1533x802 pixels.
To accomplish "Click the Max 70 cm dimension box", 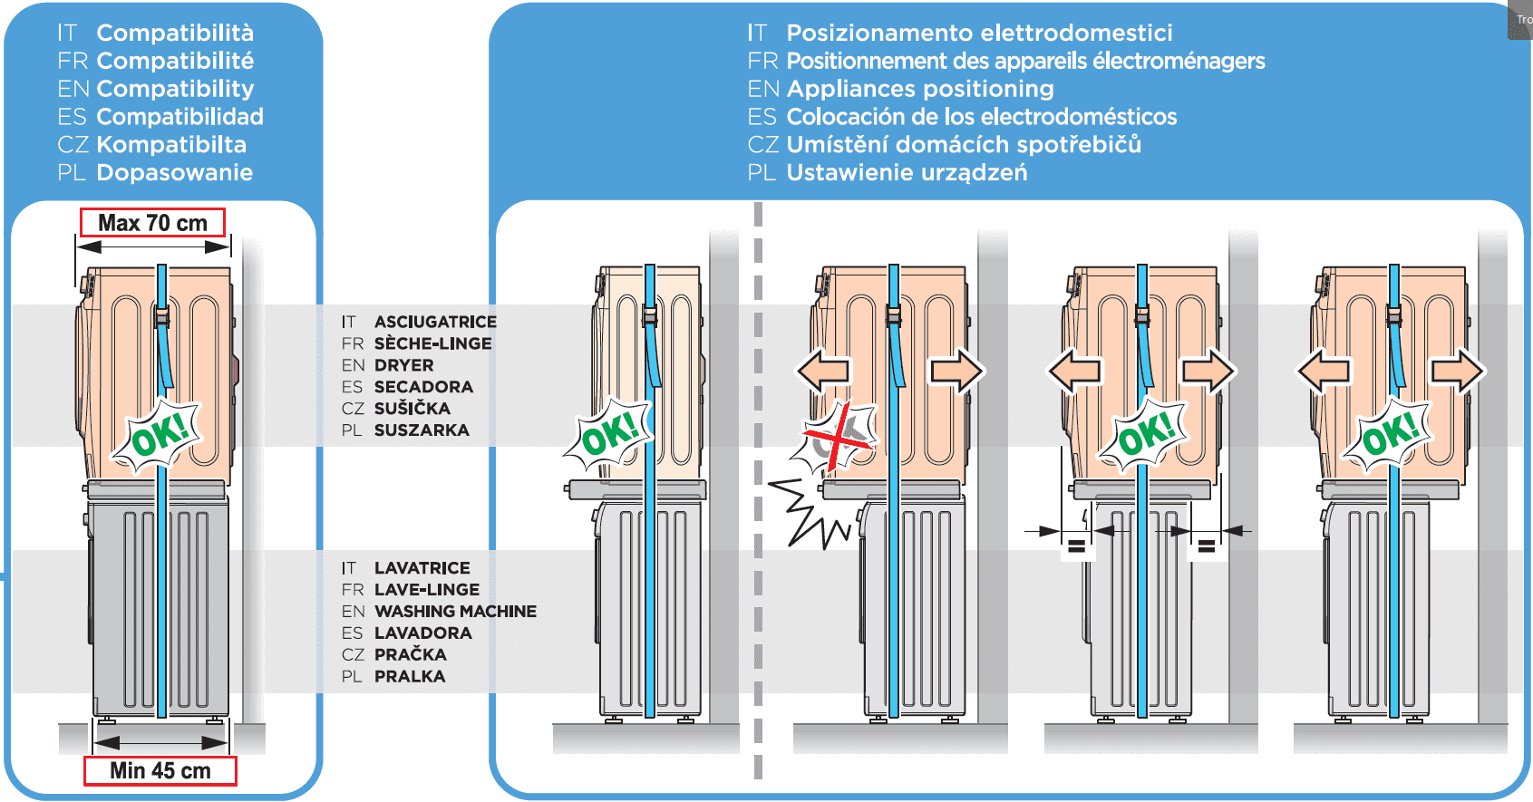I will click(152, 223).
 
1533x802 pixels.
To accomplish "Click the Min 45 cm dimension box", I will click(160, 770).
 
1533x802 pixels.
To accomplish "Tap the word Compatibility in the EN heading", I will click(175, 89).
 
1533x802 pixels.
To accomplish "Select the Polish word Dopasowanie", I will click(174, 172).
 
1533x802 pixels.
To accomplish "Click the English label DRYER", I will click(403, 365).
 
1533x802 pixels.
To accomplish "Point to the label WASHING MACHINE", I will click(455, 612).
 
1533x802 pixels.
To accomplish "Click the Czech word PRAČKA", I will click(410, 654).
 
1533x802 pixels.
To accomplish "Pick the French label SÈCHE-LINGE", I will click(432, 343).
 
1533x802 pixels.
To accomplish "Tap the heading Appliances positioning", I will click(919, 89).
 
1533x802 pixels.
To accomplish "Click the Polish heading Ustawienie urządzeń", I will click(907, 172).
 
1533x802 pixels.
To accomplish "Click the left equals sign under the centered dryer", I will click(1076, 546).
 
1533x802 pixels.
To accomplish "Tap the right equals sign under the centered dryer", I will click(1206, 546).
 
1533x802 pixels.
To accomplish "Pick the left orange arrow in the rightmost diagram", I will click(1324, 371).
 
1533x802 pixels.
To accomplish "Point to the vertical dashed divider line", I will click(758, 489).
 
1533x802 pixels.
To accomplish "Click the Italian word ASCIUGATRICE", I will click(435, 322).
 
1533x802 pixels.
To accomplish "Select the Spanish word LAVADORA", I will click(422, 633).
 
